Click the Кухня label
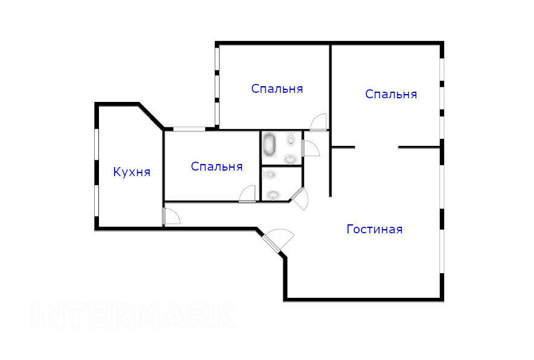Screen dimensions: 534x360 (132, 172)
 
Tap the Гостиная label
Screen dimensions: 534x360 (375, 229)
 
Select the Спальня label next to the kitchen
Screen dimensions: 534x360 (217, 166)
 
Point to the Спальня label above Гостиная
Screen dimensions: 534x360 (391, 94)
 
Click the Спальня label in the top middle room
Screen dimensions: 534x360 (277, 89)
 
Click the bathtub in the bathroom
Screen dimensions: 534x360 (269, 144)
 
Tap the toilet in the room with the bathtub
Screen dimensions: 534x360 (291, 139)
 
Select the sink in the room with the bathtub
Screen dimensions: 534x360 (290, 159)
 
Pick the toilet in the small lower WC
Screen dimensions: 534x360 (270, 174)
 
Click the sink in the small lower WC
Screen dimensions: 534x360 (273, 195)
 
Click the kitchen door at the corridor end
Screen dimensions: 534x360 (171, 216)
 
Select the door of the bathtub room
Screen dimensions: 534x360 (311, 148)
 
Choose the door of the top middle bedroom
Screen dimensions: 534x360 (318, 122)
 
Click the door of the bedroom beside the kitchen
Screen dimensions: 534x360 (247, 194)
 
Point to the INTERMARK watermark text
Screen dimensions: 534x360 (133, 316)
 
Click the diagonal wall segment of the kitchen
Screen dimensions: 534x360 (151, 116)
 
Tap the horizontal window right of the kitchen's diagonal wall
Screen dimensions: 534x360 (189, 129)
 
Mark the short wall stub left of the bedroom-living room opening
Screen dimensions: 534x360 (343, 147)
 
